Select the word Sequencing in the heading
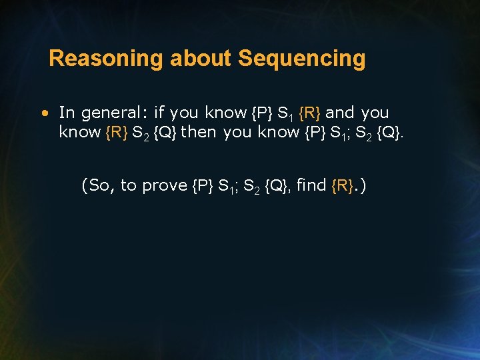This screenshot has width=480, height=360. (x=301, y=59)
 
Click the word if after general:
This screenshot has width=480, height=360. (x=159, y=113)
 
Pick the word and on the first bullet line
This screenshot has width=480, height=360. (x=340, y=113)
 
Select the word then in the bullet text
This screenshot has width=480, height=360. (x=199, y=132)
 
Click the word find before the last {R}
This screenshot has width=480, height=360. (x=311, y=185)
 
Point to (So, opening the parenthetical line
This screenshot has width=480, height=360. (x=98, y=185)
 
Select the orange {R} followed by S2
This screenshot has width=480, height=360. (x=117, y=132)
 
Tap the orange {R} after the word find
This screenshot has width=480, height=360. (x=343, y=185)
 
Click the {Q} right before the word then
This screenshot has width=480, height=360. (x=165, y=132)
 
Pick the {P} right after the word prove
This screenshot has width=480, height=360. (x=203, y=185)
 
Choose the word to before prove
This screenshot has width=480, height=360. (x=127, y=185)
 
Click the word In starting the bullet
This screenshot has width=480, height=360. (x=67, y=113)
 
